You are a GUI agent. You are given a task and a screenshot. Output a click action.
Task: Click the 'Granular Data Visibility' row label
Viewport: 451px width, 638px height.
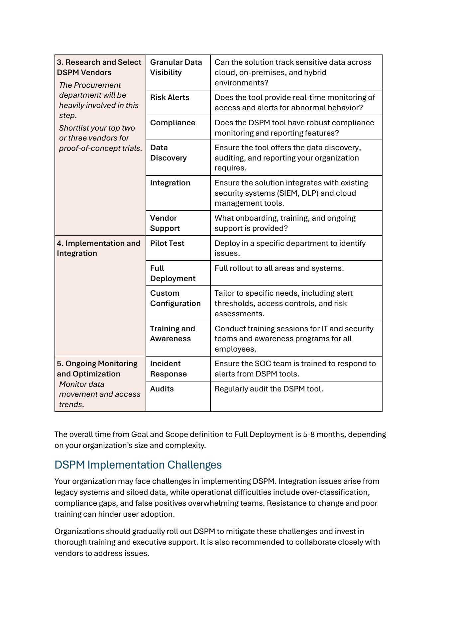[176, 67]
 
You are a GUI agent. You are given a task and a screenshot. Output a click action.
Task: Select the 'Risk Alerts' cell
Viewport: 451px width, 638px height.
[169, 98]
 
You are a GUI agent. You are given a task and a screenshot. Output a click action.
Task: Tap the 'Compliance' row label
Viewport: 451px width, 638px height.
[172, 123]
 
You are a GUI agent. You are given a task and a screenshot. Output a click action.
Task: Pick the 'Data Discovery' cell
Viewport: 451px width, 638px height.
[168, 153]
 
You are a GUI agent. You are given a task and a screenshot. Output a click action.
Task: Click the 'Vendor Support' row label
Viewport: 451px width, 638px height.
[165, 223]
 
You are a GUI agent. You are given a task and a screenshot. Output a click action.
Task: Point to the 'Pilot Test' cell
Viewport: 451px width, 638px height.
[167, 244]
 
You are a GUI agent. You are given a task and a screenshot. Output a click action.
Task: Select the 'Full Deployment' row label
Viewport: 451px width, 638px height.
[172, 273]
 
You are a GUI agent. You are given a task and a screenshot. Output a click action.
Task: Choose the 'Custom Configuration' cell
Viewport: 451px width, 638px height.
[175, 298]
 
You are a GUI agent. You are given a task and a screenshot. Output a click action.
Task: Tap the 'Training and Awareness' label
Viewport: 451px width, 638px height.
[172, 334]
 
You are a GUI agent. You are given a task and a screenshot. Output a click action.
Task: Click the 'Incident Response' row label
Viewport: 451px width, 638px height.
[168, 369]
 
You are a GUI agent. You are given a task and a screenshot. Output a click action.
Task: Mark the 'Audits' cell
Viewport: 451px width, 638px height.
[162, 389]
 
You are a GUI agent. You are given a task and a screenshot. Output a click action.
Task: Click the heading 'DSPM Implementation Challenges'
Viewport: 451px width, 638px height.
[138, 465]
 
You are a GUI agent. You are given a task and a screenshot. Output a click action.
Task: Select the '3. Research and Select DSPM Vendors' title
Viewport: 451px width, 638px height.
[99, 67]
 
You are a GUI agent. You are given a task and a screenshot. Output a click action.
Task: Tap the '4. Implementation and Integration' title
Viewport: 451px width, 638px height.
[98, 248]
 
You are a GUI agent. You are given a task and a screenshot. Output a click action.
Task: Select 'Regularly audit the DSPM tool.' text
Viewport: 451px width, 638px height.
[269, 389]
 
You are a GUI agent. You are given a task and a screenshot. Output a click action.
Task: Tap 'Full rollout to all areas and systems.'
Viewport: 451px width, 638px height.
[279, 268]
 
